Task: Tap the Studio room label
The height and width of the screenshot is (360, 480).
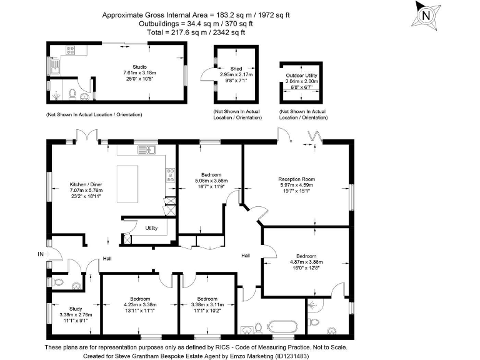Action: click(139, 66)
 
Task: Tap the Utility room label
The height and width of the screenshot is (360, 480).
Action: click(151, 228)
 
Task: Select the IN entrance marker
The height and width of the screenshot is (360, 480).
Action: click(41, 254)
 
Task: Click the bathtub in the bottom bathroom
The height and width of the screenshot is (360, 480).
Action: click(282, 327)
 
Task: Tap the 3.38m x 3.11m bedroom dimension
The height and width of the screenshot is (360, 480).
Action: click(206, 305)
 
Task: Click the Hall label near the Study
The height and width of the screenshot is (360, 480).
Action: click(107, 258)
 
